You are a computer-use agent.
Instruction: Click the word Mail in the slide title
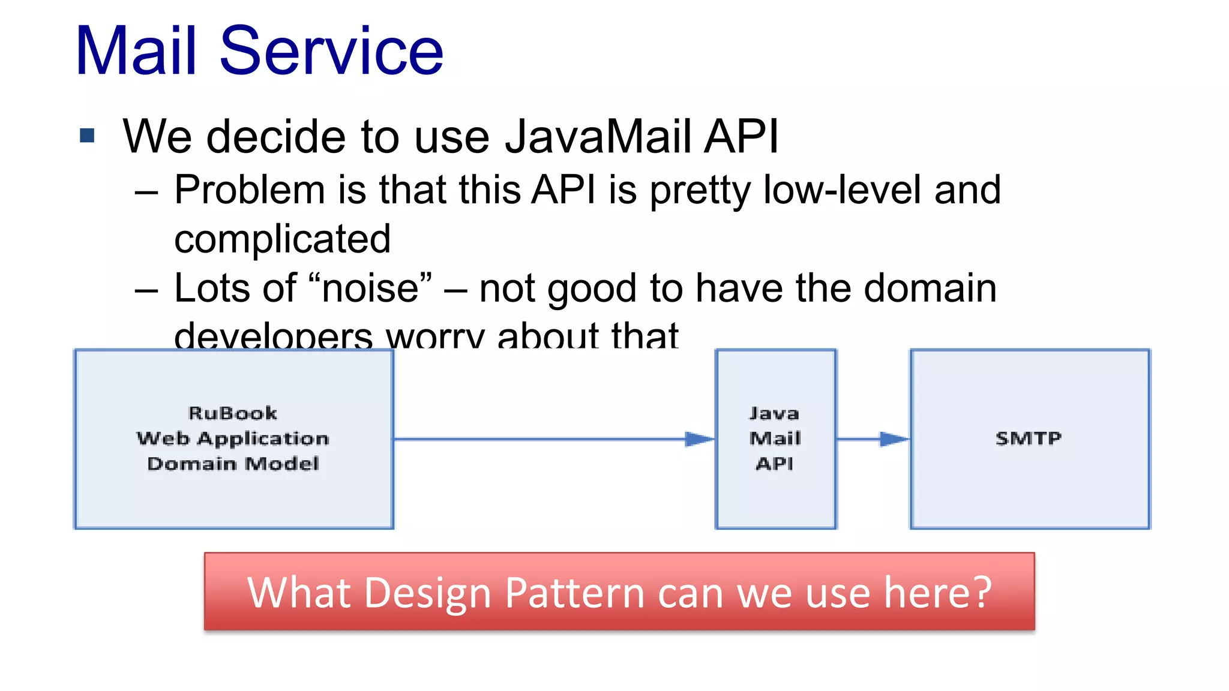136,52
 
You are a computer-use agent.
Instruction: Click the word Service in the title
331,52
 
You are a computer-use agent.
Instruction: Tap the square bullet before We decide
88,136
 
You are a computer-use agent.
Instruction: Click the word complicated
282,239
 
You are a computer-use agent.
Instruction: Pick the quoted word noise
370,289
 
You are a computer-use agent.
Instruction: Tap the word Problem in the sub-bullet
250,190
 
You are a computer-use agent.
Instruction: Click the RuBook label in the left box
233,413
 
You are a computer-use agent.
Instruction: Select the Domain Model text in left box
233,464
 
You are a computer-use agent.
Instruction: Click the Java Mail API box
775,438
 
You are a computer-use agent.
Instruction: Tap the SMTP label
1029,438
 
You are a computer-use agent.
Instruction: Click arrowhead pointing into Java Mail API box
699,439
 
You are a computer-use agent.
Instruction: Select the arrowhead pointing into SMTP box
894,439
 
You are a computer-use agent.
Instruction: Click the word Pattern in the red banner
575,593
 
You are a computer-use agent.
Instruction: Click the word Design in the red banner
427,593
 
